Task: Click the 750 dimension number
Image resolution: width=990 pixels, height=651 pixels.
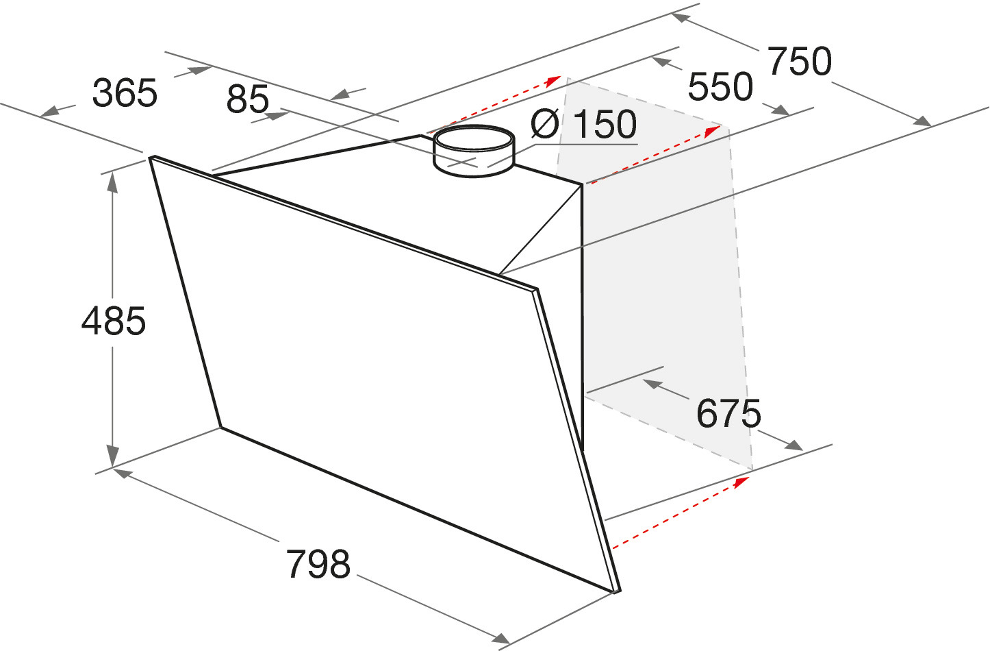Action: click(800, 62)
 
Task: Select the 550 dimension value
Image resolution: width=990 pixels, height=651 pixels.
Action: click(720, 86)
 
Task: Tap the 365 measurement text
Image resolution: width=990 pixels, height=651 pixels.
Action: click(125, 93)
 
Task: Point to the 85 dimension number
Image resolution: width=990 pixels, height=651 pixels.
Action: click(248, 99)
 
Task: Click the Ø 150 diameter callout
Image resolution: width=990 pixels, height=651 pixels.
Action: click(583, 124)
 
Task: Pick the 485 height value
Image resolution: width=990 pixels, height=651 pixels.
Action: click(114, 321)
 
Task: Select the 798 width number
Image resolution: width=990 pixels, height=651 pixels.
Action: click(318, 564)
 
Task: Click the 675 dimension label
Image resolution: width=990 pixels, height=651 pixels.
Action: click(728, 413)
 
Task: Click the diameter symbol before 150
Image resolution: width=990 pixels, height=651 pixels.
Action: click(544, 124)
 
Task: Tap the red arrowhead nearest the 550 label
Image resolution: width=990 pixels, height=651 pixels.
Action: click(713, 131)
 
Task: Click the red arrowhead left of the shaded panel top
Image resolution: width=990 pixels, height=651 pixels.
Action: click(553, 80)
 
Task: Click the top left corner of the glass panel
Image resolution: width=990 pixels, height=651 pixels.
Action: click(150, 156)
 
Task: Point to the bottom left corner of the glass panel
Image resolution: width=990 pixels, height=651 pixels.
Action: click(220, 427)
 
